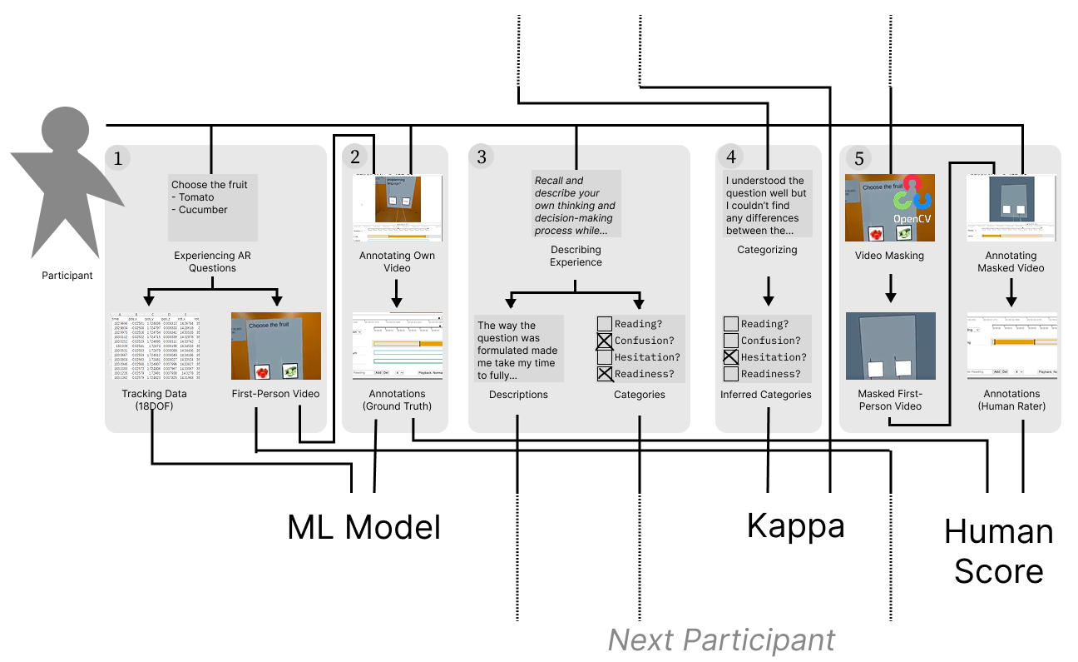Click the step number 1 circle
[x=117, y=158]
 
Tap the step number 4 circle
[x=730, y=157]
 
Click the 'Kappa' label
[x=795, y=525]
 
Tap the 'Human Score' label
[x=998, y=551]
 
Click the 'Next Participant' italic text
[x=721, y=640]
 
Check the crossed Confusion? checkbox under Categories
[x=605, y=341]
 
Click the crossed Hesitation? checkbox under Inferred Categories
[x=731, y=357]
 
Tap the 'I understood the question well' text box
[x=765, y=205]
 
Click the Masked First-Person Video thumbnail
[x=890, y=345]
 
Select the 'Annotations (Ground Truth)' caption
[x=396, y=400]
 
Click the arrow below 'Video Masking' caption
[x=890, y=287]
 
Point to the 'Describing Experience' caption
[x=576, y=256]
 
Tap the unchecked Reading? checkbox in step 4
[x=731, y=324]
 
